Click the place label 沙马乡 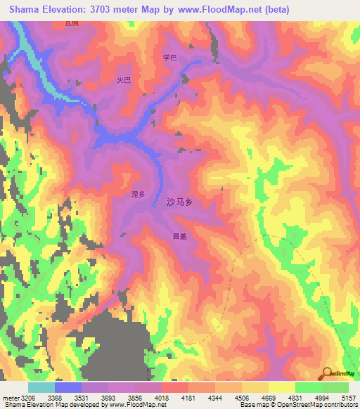point(179,202)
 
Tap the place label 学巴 point(169,58)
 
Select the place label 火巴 point(124,80)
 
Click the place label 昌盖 point(179,237)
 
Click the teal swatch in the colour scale point(41,387)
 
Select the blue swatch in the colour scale point(68,387)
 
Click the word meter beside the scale point(9,398)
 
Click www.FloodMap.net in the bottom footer point(137,405)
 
